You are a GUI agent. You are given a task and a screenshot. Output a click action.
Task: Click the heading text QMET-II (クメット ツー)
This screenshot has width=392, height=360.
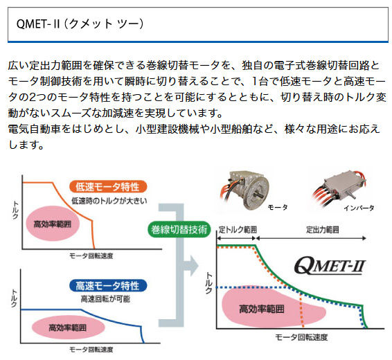[x=80, y=24]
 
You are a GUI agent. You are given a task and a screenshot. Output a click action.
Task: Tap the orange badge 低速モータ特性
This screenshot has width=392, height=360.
[x=108, y=187]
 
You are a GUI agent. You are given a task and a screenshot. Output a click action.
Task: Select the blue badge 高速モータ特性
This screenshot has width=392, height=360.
[x=108, y=285]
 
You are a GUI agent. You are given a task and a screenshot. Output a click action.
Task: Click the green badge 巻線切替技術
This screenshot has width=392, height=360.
[x=179, y=230]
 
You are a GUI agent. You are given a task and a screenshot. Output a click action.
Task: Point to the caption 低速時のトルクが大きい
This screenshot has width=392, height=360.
[x=109, y=201]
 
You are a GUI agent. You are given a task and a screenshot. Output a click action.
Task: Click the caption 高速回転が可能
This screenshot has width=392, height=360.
[x=105, y=299]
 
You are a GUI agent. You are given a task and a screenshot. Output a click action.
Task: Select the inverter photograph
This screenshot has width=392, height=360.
[x=339, y=188]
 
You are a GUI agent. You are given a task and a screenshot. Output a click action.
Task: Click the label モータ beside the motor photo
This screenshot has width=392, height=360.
[x=278, y=207]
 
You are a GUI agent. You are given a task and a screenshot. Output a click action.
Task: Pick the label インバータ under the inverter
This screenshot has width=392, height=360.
[x=359, y=208]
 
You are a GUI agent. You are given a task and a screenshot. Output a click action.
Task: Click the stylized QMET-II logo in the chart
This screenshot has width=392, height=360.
[x=330, y=266]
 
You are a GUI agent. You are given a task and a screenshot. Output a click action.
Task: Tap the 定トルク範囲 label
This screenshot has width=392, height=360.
[x=238, y=230]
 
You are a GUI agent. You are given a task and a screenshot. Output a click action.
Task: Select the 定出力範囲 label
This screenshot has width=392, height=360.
[x=323, y=230]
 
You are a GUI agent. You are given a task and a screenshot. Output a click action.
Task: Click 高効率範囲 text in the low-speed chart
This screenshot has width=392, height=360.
[x=53, y=224]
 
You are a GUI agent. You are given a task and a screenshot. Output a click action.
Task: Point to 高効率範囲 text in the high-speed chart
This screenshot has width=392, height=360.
[x=67, y=327]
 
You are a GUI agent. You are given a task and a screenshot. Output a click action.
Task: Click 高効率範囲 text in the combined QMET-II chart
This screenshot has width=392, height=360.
[x=262, y=309]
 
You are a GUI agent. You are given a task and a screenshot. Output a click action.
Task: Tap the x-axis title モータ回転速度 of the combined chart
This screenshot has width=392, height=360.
[x=301, y=337]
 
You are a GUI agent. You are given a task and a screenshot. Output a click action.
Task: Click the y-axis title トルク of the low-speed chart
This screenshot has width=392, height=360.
[x=15, y=210]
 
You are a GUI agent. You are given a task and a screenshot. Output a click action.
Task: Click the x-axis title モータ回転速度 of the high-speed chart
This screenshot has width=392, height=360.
[x=91, y=350]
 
